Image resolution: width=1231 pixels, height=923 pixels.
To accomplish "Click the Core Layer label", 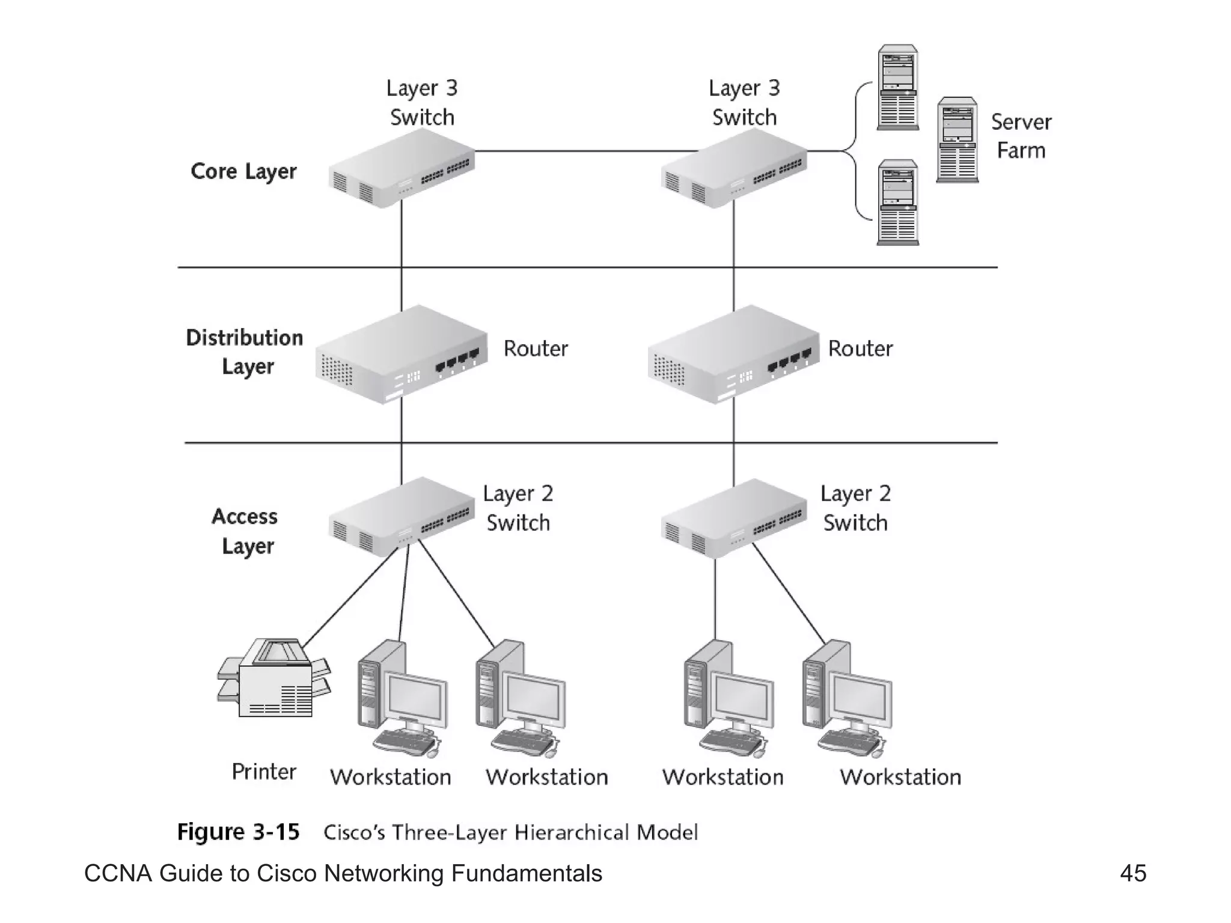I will click(x=243, y=171).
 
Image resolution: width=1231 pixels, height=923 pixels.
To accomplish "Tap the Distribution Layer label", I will click(x=245, y=352).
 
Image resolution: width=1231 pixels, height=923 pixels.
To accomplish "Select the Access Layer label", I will click(x=245, y=531).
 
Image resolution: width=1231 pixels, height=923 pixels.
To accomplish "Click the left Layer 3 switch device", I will click(x=402, y=169).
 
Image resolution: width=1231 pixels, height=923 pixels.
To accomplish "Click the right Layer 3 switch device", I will click(x=733, y=169).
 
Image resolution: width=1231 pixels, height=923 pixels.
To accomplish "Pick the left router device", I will click(x=401, y=355).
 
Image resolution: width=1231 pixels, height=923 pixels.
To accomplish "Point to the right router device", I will click(x=733, y=355).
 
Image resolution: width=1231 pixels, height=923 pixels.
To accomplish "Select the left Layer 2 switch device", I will click(x=402, y=517).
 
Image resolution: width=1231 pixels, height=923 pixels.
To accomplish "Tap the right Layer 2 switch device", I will click(x=733, y=518).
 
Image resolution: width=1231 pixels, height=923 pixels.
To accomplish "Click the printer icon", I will click(x=274, y=679).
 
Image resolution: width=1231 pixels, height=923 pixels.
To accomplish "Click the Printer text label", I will click(x=264, y=772).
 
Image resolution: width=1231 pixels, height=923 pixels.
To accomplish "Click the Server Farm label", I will click(x=1021, y=136).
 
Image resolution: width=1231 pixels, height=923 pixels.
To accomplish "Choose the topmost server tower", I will click(x=897, y=87).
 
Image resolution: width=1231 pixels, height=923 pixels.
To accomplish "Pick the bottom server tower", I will click(x=897, y=203).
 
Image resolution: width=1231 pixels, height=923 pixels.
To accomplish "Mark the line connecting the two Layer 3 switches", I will click(x=586, y=151).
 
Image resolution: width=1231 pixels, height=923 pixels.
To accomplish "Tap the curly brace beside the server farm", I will click(x=854, y=151).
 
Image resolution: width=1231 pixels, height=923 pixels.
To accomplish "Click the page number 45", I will click(x=1132, y=873).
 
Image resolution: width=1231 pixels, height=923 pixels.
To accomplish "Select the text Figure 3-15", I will click(x=238, y=832).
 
